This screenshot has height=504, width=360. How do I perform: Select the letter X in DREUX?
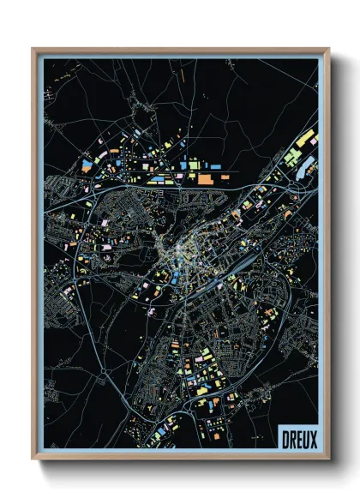tap(313, 438)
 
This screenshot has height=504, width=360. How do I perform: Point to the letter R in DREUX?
tap(292, 438)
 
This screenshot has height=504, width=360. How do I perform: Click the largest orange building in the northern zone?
tap(206, 179)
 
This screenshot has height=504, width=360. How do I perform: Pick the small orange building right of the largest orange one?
tap(225, 177)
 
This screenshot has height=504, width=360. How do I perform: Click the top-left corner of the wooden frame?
tap(33, 50)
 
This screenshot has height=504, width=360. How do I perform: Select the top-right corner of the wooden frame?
tap(328, 50)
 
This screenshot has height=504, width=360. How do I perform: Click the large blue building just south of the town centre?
tap(177, 275)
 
